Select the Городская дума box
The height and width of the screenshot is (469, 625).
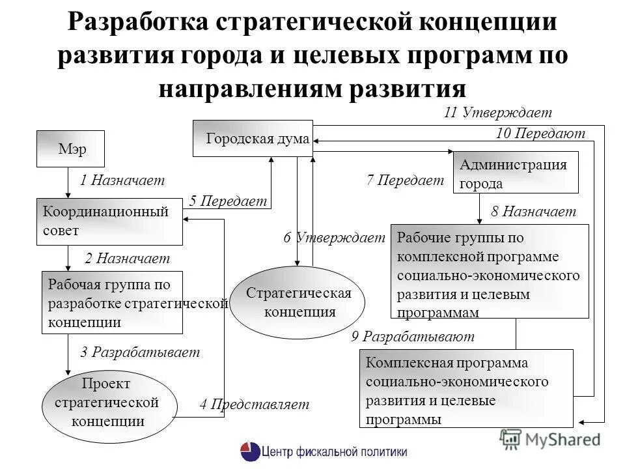253,138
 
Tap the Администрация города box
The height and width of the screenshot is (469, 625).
516,173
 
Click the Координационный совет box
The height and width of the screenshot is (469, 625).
109,221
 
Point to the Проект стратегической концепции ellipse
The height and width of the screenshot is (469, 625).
109,402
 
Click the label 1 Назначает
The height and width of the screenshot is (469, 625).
122,180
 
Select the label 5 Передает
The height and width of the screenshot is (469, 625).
228,201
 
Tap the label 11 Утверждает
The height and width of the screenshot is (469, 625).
497,112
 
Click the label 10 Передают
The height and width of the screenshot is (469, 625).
540,134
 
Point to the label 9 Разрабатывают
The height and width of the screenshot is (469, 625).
413,337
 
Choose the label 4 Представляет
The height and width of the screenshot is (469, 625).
254,405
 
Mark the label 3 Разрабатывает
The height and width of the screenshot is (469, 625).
140,352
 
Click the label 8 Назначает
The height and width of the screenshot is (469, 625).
534,212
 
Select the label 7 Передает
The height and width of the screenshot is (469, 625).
405,180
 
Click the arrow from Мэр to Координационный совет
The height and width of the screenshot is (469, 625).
68,182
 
